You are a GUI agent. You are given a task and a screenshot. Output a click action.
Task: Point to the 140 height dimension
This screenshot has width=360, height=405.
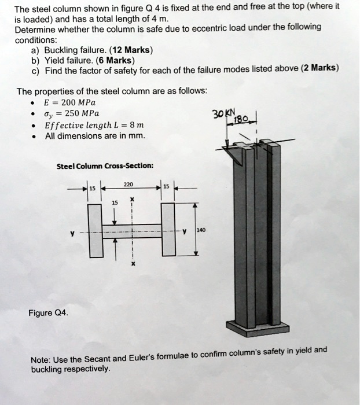[x=201, y=230]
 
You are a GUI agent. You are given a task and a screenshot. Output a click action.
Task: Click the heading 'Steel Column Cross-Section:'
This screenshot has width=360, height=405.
[x=105, y=165]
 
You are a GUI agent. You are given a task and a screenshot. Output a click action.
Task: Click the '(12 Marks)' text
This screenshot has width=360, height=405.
[x=130, y=50]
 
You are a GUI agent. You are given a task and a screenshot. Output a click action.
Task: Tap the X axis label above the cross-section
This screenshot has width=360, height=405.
[x=133, y=198]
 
